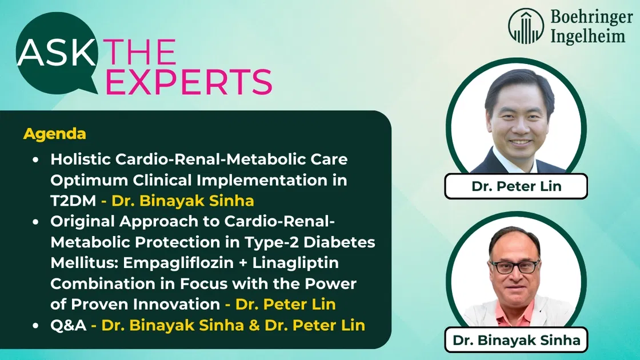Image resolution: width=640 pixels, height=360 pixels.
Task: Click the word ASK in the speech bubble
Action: [57, 53]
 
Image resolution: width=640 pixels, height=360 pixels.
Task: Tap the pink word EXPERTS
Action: [189, 82]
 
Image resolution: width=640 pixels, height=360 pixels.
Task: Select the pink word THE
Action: [140, 53]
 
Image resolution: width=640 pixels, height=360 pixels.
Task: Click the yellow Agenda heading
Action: [55, 134]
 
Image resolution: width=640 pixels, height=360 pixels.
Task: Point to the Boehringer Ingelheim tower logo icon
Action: [526, 26]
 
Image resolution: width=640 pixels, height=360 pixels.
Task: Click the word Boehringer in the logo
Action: [591, 18]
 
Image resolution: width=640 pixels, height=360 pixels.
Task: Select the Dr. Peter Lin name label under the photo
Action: [516, 186]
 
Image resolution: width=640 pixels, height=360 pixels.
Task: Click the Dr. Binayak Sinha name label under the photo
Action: [516, 340]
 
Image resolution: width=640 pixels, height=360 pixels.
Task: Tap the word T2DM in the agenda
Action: [73, 201]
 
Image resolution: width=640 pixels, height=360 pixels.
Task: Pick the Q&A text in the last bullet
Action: [68, 325]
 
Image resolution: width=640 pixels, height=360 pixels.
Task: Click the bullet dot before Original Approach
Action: [36, 222]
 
